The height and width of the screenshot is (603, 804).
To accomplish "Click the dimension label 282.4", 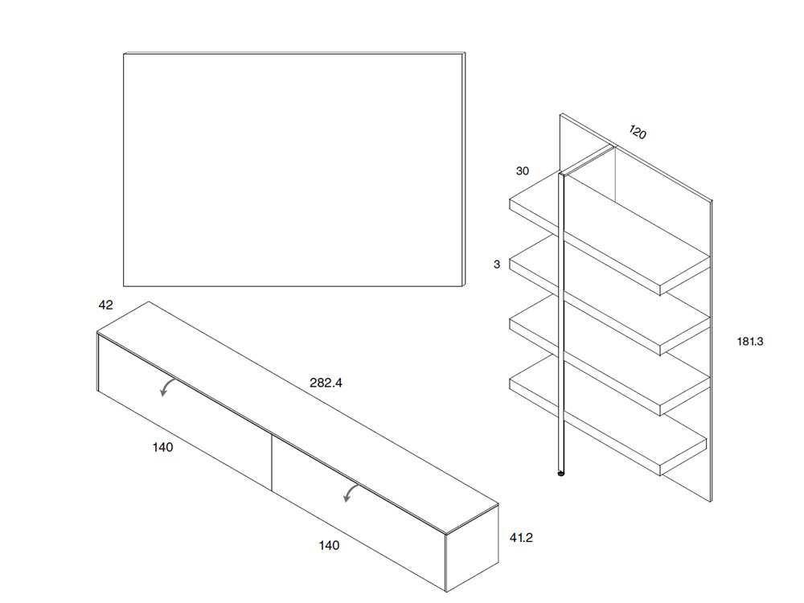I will [x=326, y=384].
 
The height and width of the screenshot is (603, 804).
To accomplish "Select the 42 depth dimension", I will [x=105, y=306].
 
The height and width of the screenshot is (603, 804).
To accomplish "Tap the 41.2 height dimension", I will [x=521, y=538].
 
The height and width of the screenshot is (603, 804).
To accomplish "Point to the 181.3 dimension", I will [x=749, y=341].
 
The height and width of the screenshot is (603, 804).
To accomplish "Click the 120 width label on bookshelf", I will [x=638, y=132].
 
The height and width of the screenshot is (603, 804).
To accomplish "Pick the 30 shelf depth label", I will [x=523, y=171].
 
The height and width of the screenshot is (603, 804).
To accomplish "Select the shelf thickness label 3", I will [x=497, y=264].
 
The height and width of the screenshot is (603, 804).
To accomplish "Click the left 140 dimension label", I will [x=162, y=447].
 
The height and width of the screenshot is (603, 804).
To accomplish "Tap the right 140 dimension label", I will [x=329, y=545].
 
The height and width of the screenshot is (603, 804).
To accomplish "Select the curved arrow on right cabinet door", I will [x=351, y=493].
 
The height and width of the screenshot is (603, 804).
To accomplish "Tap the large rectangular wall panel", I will [x=293, y=169].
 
